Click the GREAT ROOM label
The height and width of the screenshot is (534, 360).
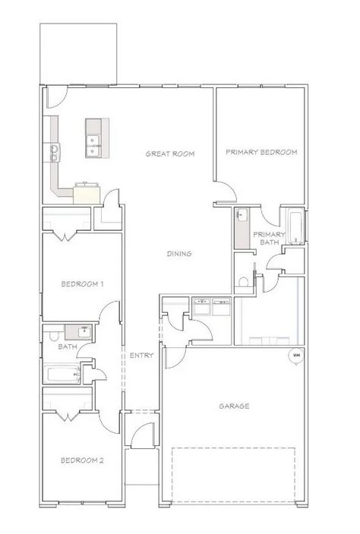170,153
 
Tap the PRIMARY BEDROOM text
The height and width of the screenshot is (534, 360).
261,152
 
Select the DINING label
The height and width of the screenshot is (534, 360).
179,254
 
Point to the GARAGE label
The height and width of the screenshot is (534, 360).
234,406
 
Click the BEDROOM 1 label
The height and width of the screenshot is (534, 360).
82,283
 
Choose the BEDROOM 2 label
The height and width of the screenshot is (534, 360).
82,460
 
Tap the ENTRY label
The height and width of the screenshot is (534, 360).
141,355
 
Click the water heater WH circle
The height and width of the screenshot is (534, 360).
296,355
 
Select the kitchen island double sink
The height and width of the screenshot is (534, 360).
93,146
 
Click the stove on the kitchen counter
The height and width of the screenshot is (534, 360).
55,152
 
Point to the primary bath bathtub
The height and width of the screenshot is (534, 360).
295,226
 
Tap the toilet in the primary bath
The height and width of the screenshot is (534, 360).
244,282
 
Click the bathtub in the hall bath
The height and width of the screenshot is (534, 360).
63,374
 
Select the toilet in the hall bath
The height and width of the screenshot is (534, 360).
54,336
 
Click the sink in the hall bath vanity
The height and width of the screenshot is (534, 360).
84,332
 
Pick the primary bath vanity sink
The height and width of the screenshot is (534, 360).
242,214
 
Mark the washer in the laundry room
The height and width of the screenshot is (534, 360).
202,307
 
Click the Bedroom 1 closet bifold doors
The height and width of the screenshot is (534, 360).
66,236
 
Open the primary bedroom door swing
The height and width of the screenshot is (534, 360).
226,191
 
